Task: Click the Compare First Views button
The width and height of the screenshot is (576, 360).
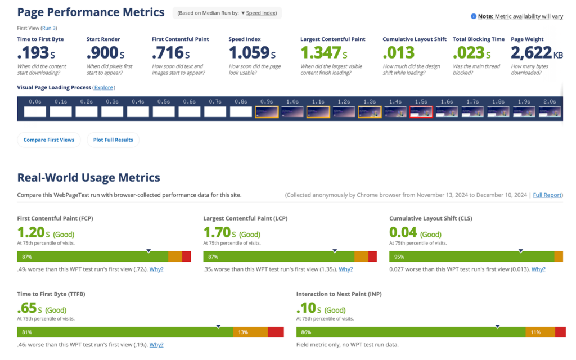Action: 49,139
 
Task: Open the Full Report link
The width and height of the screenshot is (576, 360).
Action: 547,195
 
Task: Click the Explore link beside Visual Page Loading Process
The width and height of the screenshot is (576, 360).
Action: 103,87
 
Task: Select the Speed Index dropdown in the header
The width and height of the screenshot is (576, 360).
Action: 260,13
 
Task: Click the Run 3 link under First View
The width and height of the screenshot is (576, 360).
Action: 49,28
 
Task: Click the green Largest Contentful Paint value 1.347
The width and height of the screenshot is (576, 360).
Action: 321,53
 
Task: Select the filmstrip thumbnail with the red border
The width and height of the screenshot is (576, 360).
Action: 421,112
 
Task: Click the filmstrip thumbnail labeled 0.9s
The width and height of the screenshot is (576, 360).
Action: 266,112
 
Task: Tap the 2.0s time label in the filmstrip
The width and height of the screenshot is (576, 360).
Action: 550,102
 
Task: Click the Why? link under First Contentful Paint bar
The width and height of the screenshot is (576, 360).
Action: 156,269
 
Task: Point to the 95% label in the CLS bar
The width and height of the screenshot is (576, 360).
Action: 399,256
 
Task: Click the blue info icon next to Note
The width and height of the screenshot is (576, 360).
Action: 473,16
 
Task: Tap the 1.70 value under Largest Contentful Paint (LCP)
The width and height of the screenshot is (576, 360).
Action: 217,232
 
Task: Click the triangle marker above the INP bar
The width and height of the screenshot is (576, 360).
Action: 497,326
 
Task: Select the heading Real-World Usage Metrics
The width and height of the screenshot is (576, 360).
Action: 89,178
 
